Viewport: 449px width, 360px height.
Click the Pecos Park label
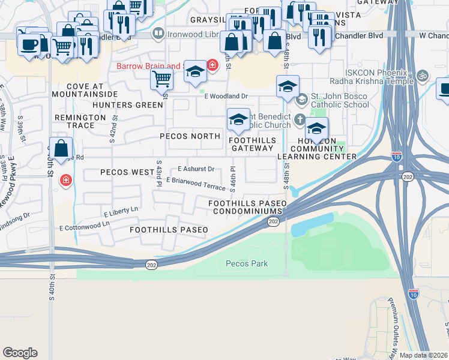coord(246,263)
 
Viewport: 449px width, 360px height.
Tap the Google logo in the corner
coord(20,353)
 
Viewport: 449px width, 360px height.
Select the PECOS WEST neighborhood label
coord(127,172)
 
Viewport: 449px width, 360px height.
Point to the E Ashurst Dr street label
coord(196,169)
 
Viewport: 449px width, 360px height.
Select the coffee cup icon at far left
coord(29,44)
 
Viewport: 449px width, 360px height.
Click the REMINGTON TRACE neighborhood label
coord(74,121)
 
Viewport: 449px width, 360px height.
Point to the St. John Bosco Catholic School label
coord(340,100)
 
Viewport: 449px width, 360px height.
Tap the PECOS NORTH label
coord(190,136)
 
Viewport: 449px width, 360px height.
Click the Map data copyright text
coord(423,355)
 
